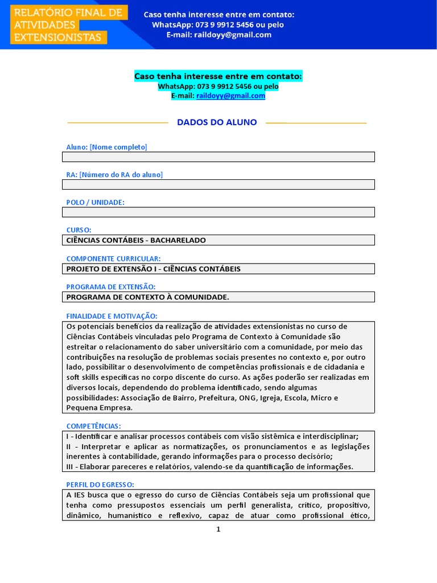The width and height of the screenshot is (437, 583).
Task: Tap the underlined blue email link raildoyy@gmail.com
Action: tap(230, 96)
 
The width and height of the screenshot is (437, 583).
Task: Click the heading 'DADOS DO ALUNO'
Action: tap(217, 122)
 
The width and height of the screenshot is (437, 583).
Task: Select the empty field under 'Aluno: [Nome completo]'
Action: tap(218, 157)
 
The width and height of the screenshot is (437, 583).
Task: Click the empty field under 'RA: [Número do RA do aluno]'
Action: tap(218, 184)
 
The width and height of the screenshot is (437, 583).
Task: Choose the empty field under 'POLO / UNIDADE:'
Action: tap(218, 212)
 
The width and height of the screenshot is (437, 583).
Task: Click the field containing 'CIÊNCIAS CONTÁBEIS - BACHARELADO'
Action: tap(218, 240)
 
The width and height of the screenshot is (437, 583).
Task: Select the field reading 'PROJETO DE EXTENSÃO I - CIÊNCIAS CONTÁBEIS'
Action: tap(218, 269)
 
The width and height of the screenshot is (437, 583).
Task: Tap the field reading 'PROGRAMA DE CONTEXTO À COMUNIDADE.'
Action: tap(218, 297)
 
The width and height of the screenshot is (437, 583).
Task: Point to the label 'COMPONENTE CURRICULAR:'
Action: tap(113, 258)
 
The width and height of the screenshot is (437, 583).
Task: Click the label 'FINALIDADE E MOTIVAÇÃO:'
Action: tap(112, 316)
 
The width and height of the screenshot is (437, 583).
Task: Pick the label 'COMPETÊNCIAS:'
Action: tap(93, 426)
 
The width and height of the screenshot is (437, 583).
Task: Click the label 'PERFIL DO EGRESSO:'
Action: tap(100, 484)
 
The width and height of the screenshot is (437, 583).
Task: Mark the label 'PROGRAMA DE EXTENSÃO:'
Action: tap(110, 286)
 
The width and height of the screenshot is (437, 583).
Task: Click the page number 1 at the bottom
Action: tap(218, 529)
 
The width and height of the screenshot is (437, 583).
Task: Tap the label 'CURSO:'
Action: tap(79, 230)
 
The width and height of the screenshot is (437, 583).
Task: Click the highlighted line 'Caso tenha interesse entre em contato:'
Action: tap(218, 76)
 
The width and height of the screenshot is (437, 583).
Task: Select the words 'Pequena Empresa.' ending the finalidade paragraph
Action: tap(99, 408)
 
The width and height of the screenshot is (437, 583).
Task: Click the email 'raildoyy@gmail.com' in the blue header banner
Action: tap(235, 35)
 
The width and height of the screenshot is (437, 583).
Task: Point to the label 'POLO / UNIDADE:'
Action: tap(95, 202)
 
